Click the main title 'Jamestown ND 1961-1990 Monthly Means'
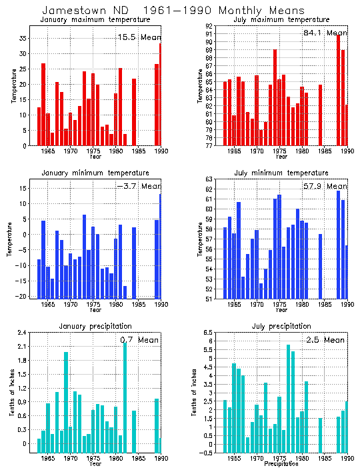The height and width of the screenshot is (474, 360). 173,11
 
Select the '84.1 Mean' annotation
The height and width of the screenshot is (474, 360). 325,33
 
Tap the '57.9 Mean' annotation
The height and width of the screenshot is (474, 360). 325,187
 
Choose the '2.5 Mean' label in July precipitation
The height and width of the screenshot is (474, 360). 325,340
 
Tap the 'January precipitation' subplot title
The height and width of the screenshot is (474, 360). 95,326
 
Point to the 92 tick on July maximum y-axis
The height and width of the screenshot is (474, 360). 209,26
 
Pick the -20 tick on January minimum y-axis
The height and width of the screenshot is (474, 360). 21,297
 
